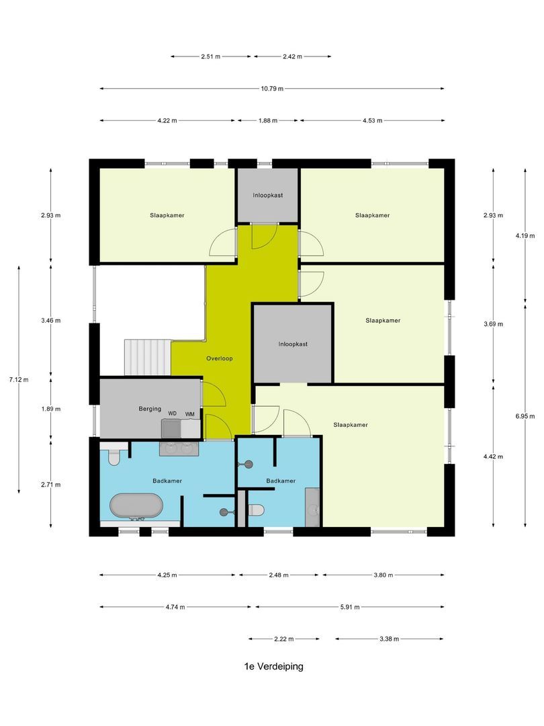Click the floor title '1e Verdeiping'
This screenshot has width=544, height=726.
click(x=274, y=667)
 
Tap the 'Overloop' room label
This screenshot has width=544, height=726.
click(x=219, y=358)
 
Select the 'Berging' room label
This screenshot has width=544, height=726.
click(x=149, y=408)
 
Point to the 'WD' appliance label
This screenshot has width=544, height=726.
click(x=173, y=413)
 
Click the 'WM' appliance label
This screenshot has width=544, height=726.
click(x=190, y=413)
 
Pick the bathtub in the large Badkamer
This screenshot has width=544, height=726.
click(x=136, y=507)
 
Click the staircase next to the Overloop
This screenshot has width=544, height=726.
click(x=148, y=356)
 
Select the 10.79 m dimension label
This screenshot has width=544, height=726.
click(x=272, y=88)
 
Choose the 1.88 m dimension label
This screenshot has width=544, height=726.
click(x=267, y=120)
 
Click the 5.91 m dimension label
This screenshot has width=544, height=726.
click(x=349, y=607)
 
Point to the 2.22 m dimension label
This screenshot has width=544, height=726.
click(x=284, y=639)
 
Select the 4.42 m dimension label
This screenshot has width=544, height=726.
click(x=493, y=456)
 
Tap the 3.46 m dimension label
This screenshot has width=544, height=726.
click(x=51, y=321)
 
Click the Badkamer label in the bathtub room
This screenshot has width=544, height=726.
click(x=167, y=481)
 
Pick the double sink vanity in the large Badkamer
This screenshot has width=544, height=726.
click(x=179, y=448)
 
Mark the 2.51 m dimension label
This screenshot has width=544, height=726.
click(x=211, y=56)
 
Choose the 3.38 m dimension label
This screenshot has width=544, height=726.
click(x=390, y=639)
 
